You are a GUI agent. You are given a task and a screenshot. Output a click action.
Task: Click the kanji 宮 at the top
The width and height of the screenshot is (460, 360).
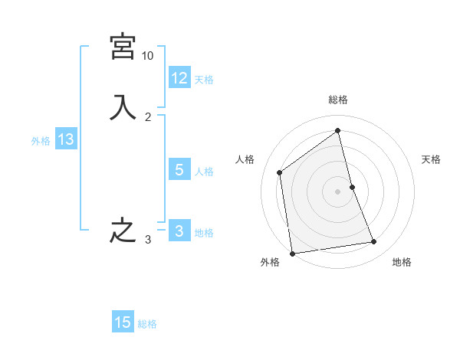pyautogui.click(x=123, y=47)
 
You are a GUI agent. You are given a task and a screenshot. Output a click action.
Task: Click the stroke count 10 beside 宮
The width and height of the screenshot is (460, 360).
pyautogui.click(x=148, y=56)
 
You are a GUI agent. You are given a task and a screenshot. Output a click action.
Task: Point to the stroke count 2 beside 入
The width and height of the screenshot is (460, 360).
pyautogui.click(x=148, y=116)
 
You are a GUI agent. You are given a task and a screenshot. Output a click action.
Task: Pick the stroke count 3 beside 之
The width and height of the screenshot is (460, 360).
pyautogui.click(x=148, y=240)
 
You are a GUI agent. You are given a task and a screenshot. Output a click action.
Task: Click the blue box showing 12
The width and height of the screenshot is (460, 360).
pyautogui.click(x=179, y=77)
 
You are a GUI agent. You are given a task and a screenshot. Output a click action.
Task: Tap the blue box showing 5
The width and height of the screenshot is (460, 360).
pyautogui.click(x=179, y=169)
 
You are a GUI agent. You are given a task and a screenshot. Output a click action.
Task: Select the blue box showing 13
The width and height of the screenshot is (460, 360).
pyautogui.click(x=65, y=139)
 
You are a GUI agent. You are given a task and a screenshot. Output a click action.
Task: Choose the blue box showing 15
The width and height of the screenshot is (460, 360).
pyautogui.click(x=123, y=322)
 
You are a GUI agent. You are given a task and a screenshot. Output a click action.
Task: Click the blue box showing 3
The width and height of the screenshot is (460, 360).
pyautogui.click(x=179, y=231)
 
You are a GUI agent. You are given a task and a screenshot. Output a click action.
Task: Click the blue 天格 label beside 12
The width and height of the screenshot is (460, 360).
pyautogui.click(x=204, y=79)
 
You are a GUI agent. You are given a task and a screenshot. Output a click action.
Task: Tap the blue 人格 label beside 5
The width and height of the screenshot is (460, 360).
pyautogui.click(x=204, y=171)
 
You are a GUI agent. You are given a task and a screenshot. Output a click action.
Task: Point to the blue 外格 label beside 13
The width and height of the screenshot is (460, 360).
pyautogui.click(x=41, y=141)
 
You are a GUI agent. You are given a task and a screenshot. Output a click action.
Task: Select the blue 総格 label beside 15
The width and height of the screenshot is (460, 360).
pyautogui.click(x=147, y=324)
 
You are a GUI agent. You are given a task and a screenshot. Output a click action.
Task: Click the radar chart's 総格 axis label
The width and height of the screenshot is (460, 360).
pyautogui.click(x=338, y=100)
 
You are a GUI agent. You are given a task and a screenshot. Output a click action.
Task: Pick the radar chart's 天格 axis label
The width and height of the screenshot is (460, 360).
pyautogui.click(x=431, y=159)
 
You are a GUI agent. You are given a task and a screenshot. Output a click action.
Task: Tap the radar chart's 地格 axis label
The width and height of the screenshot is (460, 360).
pyautogui.click(x=402, y=263)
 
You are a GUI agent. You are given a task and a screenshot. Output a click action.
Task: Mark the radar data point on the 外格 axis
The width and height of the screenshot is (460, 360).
pyautogui.click(x=292, y=253)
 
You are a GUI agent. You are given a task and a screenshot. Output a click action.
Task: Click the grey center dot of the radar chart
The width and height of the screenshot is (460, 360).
pyautogui.click(x=338, y=191)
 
